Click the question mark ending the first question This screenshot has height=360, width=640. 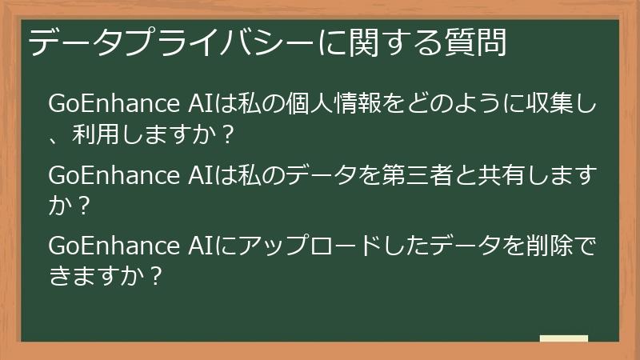[x=226, y=135]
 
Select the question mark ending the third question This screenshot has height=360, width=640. [x=155, y=275]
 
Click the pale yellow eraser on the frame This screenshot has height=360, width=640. [x=564, y=339]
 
